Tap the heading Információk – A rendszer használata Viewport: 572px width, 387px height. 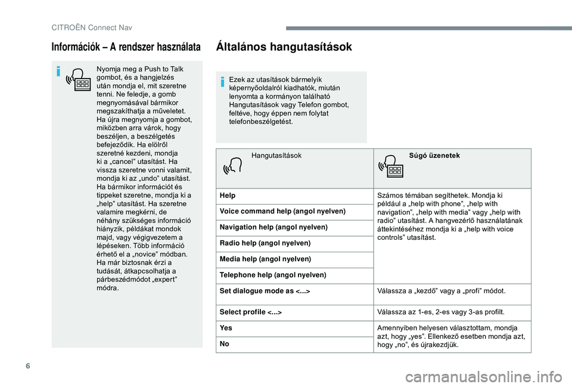127,47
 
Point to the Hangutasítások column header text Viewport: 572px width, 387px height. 276,156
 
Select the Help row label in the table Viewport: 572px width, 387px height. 227,196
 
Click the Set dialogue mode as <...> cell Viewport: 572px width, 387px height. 264,291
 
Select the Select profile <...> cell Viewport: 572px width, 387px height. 250,312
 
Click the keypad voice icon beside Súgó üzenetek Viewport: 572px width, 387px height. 391,167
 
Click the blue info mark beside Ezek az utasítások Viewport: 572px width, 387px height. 221,82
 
